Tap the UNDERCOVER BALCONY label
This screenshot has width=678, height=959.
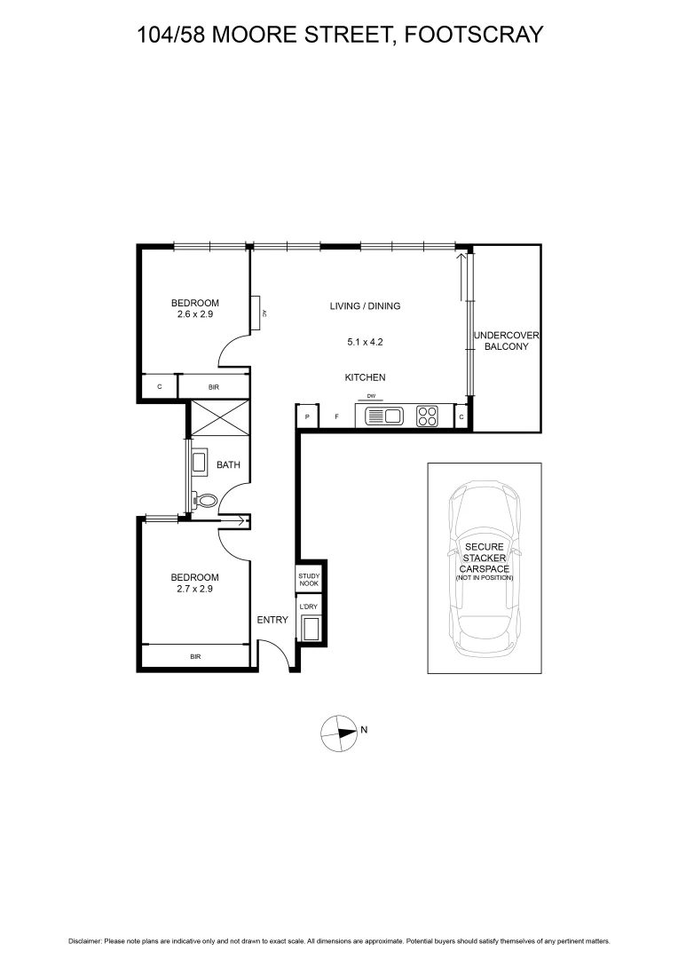click(x=506, y=341)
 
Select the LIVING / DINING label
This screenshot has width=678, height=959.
click(x=365, y=306)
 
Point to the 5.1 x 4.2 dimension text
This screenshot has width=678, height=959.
click(x=365, y=341)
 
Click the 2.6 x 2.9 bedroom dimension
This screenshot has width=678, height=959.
click(x=194, y=314)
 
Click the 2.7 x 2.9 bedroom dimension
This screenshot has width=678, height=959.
click(x=194, y=588)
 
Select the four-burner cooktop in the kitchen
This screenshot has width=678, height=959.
click(x=427, y=416)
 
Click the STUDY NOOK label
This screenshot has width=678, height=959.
click(x=308, y=580)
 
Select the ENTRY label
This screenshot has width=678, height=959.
click(x=272, y=620)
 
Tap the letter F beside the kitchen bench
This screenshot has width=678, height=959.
click(x=336, y=416)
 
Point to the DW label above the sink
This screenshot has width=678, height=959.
click(x=371, y=397)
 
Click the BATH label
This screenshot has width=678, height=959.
click(x=228, y=464)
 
